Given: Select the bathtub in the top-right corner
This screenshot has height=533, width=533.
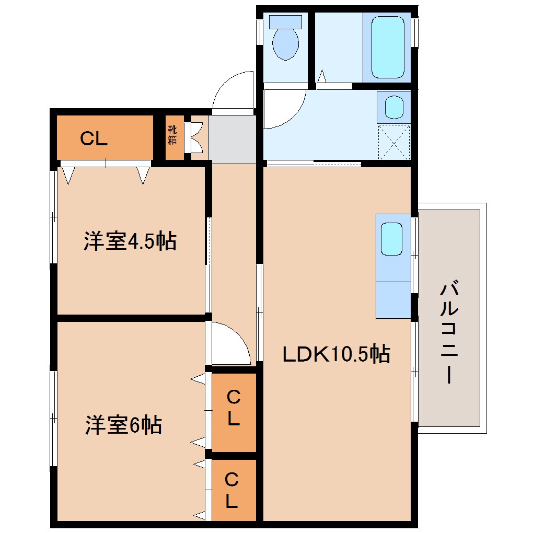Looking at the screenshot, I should point(387,47).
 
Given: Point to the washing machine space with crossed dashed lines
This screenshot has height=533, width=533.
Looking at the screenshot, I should point(394,142).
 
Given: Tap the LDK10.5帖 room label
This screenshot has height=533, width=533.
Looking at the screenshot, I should point(336,355).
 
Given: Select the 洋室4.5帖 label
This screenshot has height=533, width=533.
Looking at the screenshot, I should point(130,242).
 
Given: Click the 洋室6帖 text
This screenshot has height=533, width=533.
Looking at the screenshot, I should point(123,425).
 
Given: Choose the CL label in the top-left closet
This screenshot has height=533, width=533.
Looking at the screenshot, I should point(94,138).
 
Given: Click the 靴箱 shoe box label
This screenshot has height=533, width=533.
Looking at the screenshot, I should point(172,135).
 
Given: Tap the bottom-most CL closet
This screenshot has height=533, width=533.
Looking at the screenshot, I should point(233,490).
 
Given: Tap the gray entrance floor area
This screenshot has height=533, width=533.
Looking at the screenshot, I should point(233,138).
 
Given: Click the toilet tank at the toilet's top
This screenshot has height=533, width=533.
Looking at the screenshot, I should point(285,22).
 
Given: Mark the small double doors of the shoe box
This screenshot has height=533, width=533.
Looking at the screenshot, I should point(196,137).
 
